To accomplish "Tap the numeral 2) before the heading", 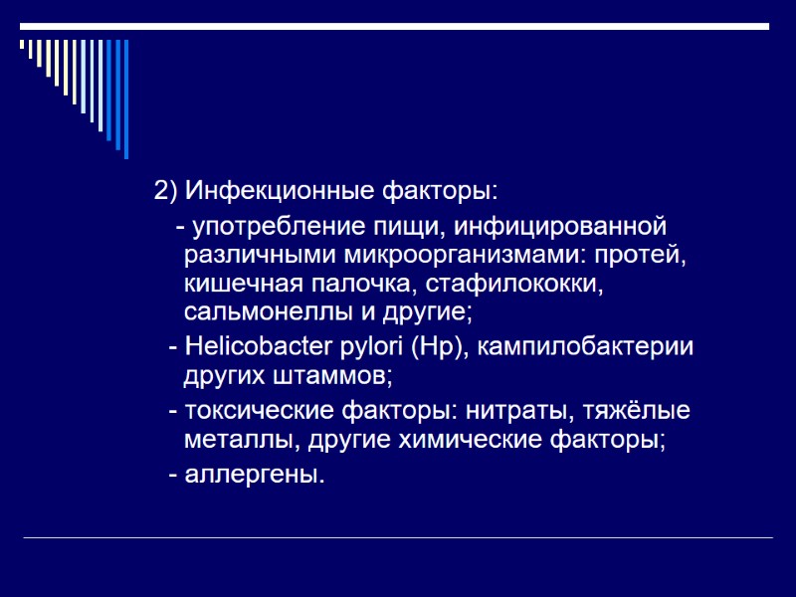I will pyautogui.click(x=164, y=189).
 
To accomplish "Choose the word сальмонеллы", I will pyautogui.click(x=264, y=312).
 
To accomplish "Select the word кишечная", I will pyautogui.click(x=237, y=284).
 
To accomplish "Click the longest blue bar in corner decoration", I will pyautogui.click(x=125, y=99).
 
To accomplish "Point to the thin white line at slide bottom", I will pyautogui.click(x=398, y=538).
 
